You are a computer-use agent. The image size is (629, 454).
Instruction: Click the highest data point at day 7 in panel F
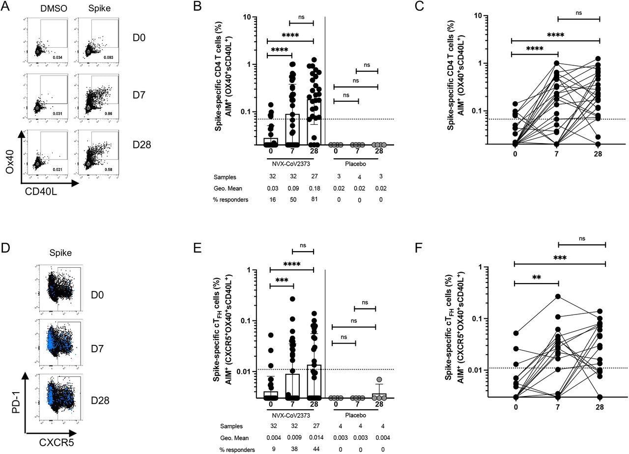[x=558, y=296]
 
